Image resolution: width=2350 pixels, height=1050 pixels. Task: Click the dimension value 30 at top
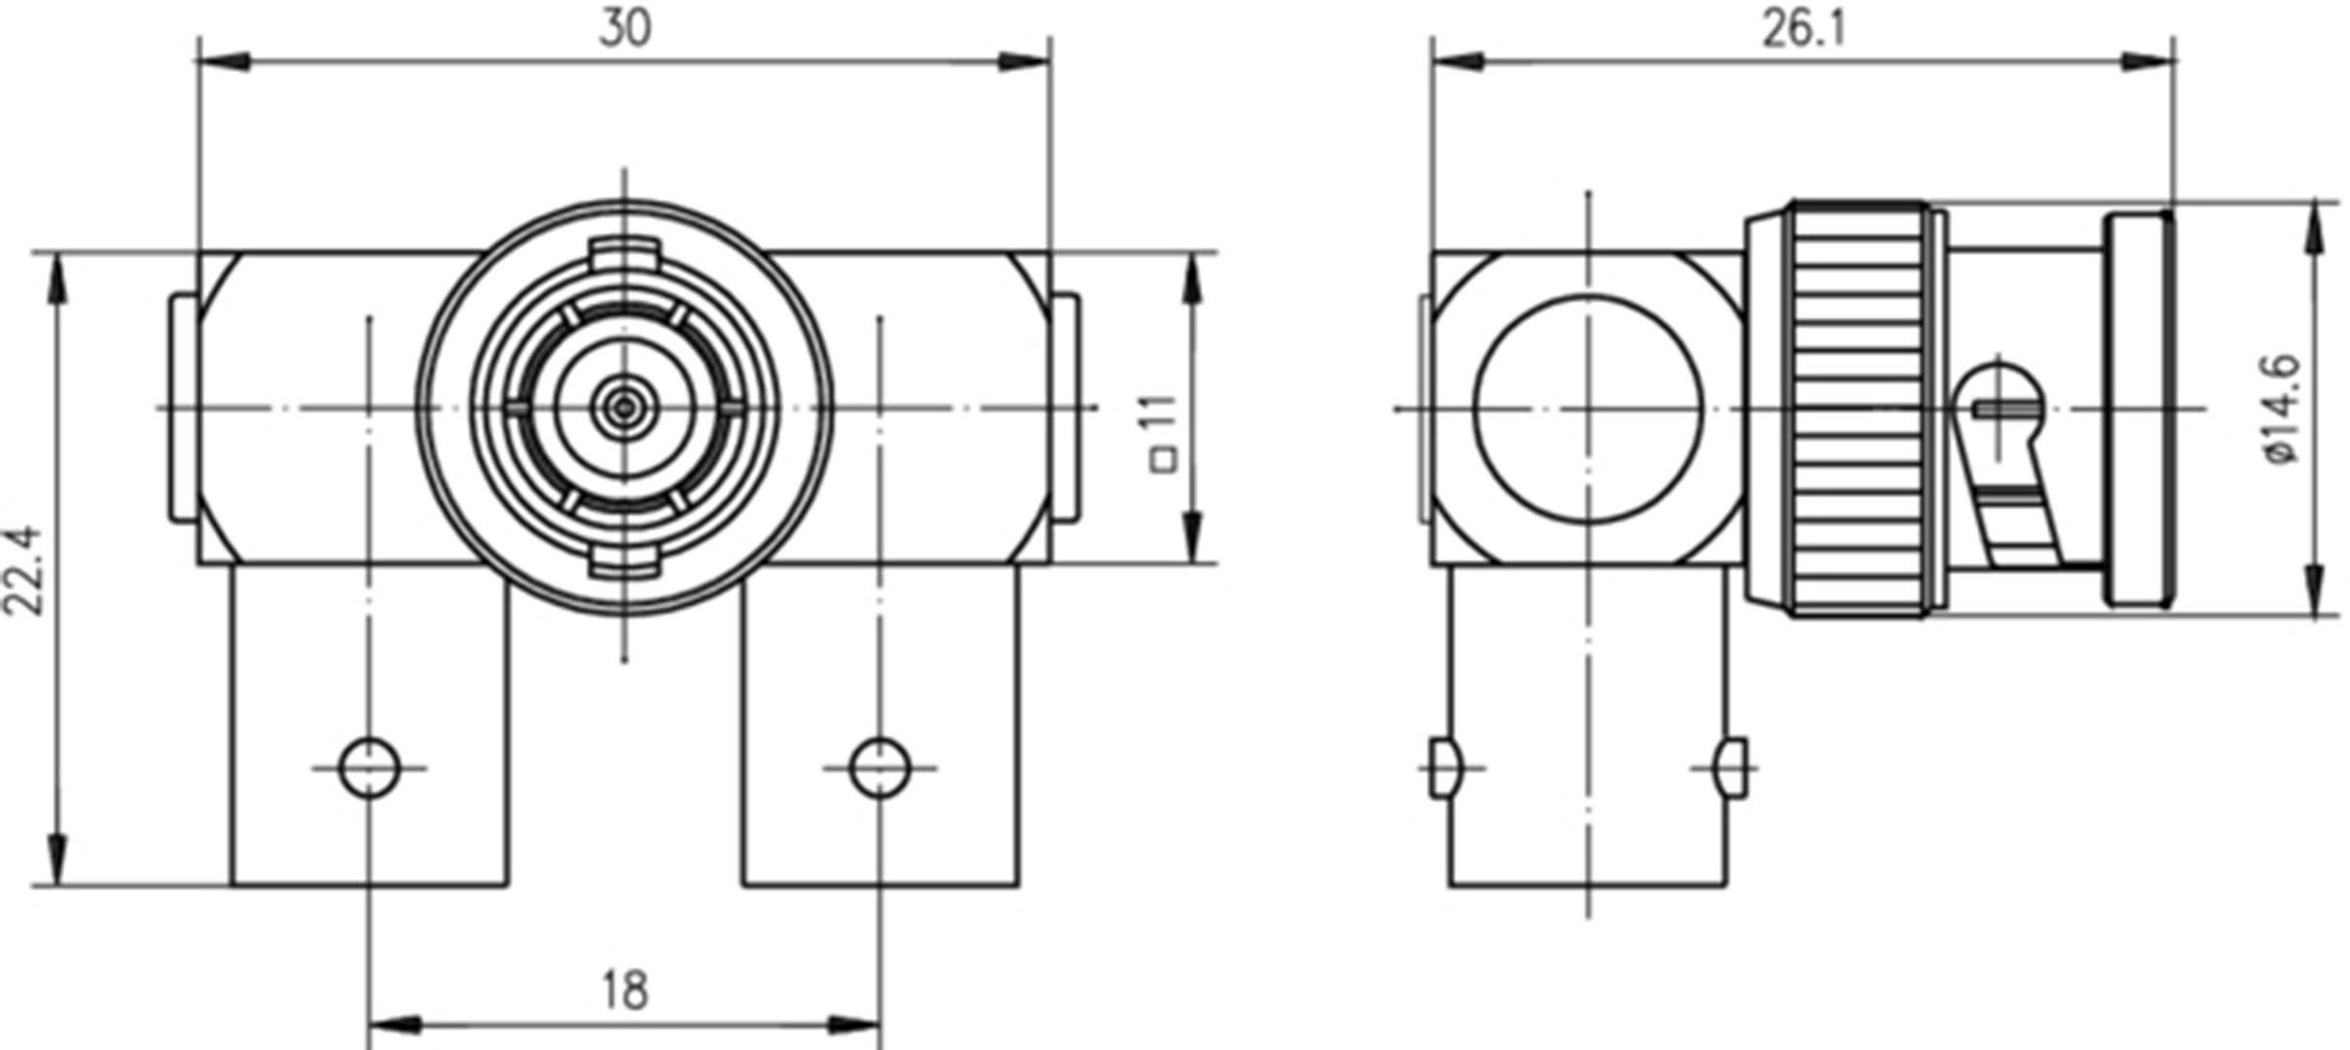pos(624,29)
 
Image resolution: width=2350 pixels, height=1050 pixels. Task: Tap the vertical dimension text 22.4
pos(23,571)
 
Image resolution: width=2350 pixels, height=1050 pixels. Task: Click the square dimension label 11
pos(1164,432)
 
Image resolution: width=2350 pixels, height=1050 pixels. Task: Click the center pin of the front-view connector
pos(623,408)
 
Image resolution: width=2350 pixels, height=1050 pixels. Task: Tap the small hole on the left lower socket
pos(369,768)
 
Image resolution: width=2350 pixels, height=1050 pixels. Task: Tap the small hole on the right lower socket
pos(879,768)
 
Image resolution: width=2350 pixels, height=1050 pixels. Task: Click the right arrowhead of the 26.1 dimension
pos(2150,62)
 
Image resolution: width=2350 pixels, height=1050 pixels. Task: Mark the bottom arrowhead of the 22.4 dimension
pos(60,860)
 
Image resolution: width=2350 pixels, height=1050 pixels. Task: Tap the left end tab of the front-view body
pos(183,408)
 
